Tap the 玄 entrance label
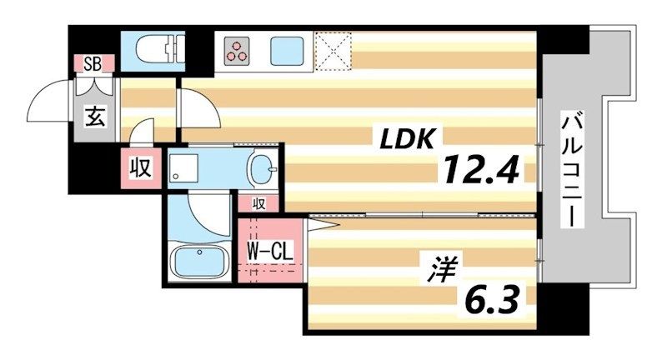[94, 117]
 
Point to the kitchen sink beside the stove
[288, 49]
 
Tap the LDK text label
[409, 139]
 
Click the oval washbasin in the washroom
[266, 170]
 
